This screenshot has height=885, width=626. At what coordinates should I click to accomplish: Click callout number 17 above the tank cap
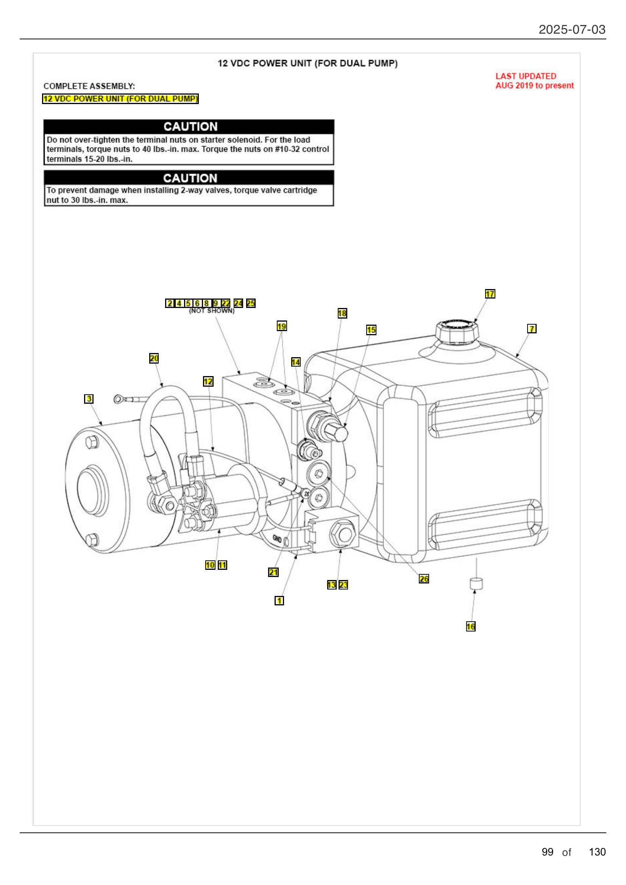pos(489,294)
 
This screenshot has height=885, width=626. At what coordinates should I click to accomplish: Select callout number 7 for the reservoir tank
pos(531,328)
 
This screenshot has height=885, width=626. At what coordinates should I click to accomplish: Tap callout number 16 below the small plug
pos(470,626)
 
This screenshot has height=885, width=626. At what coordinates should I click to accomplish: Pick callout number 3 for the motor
pos(89,398)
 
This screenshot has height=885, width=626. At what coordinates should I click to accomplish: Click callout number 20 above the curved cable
pos(153,358)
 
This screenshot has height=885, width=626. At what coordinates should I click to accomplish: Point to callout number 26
pos(423,579)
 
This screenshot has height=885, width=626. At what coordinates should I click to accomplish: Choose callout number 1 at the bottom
pos(279,600)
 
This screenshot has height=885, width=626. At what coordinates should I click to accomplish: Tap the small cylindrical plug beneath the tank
pos(476,583)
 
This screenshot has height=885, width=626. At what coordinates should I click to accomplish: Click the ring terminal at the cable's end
pos(118,399)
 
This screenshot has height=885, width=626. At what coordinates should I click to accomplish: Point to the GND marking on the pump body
pos(277,538)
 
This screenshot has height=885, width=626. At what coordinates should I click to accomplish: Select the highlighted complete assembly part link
pos(120,99)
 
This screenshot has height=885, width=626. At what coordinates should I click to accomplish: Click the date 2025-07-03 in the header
pos(571,29)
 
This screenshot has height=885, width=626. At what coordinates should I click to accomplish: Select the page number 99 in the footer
pos(547,852)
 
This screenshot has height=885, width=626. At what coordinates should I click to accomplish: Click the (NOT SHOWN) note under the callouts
pos(211,311)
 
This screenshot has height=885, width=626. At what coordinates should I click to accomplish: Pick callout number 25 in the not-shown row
pos(251,303)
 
